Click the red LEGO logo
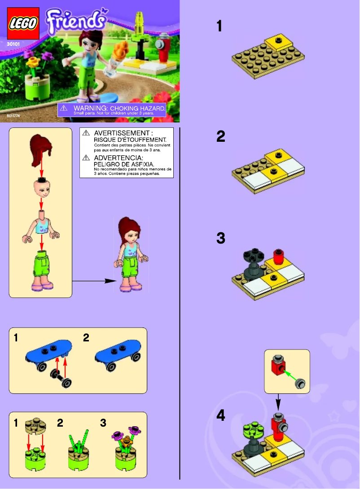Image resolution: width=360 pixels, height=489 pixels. (23, 24)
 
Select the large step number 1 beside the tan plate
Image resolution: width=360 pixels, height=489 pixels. (219, 26)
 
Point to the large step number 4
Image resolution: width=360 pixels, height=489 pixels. (220, 416)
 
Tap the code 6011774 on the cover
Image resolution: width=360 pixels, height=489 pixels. (14, 116)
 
